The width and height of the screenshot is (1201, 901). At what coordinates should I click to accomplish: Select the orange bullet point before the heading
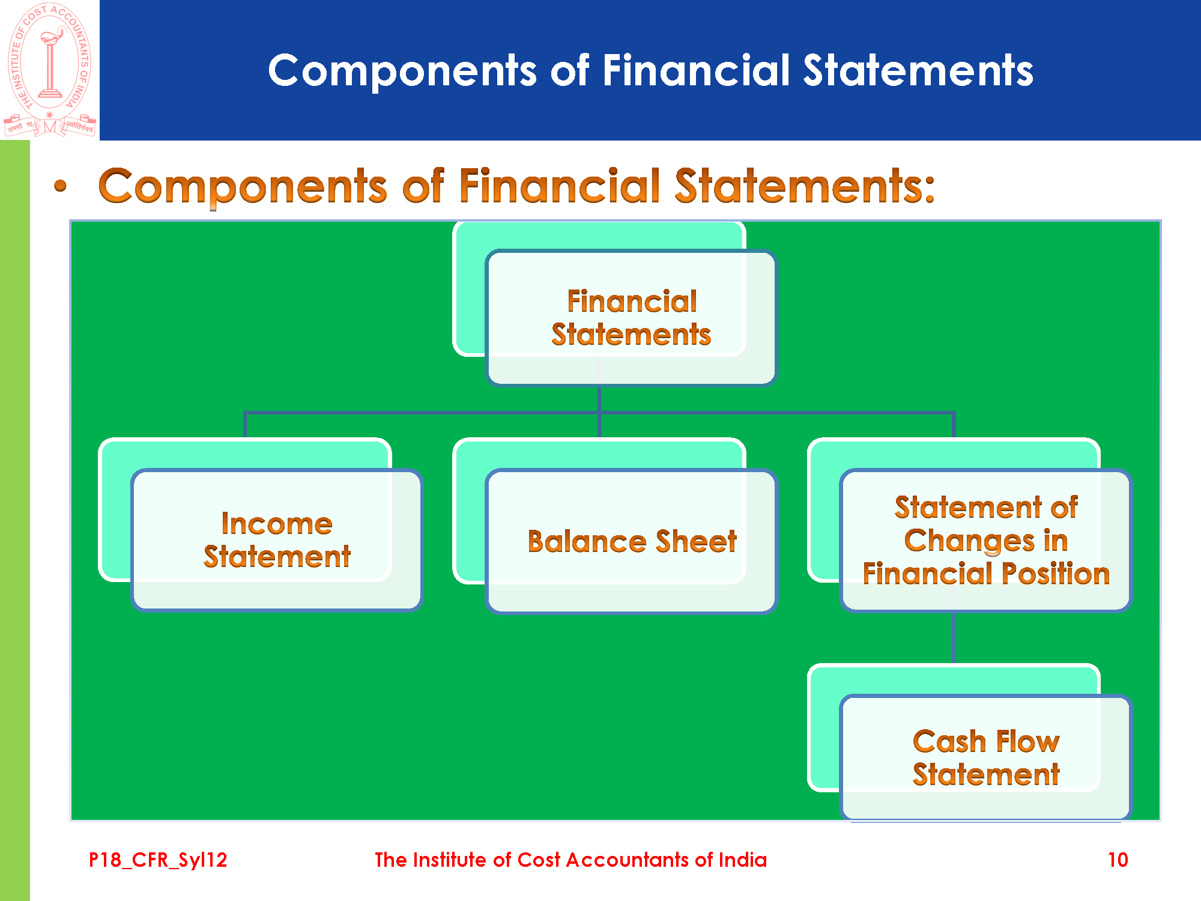pos(60,186)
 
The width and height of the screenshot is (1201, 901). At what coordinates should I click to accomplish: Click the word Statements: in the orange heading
pos(805,186)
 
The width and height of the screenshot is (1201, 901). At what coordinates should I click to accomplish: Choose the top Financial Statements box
pos(631,318)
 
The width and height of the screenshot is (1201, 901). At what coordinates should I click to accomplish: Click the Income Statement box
pos(277,540)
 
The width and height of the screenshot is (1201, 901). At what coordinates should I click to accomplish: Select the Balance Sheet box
pos(631,541)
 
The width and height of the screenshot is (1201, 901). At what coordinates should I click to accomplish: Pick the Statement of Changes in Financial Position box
pos(985,540)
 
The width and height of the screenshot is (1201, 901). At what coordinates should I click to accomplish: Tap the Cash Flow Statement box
pos(985,757)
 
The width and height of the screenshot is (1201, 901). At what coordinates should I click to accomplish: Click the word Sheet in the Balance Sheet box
pos(696,541)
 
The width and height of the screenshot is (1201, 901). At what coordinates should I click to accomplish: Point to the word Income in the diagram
pos(277,524)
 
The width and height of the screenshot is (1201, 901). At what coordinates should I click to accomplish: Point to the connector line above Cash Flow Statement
pos(954,637)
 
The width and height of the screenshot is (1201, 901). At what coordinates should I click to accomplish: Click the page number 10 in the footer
pos(1118,860)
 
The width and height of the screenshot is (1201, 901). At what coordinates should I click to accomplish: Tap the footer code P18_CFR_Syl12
pos(158,860)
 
